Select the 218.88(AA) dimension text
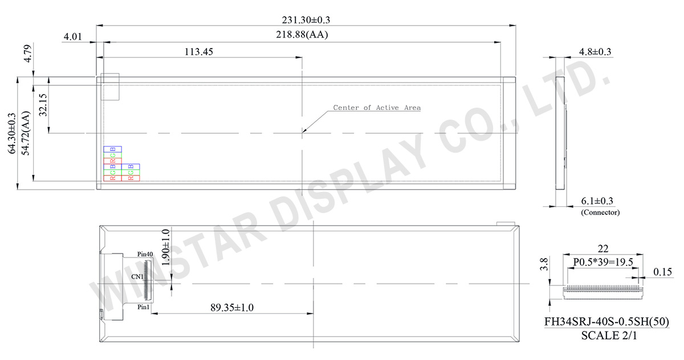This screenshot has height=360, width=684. tap(303, 35)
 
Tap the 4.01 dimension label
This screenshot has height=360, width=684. tap(73, 36)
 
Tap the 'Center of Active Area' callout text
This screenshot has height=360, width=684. tap(377, 107)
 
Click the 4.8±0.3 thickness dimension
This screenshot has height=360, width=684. tap(595, 52)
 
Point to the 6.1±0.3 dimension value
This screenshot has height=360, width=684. tap(597, 201)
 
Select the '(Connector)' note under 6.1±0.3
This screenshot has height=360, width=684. tap(600, 212)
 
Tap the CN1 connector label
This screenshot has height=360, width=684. tap(137, 276)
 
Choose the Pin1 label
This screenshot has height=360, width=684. tap(144, 306)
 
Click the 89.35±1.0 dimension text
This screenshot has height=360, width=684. tap(232, 308)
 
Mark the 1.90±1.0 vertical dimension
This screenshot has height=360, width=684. tap(166, 247)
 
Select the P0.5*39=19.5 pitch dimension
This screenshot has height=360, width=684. tap(604, 262)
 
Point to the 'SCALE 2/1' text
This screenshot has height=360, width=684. tap(609, 336)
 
